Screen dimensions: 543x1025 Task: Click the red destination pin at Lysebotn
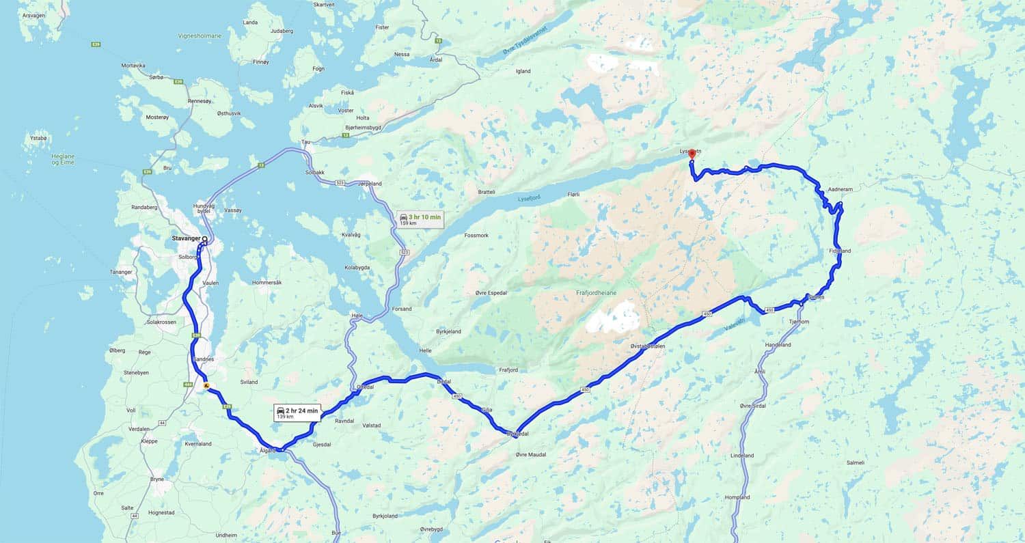pyautogui.click(x=691, y=155)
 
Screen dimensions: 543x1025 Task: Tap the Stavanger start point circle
pyautogui.click(x=204, y=239)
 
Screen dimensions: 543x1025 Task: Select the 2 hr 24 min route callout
pyautogui.click(x=297, y=412)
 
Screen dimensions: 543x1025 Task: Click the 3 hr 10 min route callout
pyautogui.click(x=420, y=219)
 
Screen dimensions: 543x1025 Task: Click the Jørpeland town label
pyautogui.click(x=369, y=184)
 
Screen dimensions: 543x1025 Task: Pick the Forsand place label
pyautogui.click(x=402, y=309)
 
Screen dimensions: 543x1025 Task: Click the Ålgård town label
pyautogui.click(x=266, y=450)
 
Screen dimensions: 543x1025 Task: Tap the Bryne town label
pyautogui.click(x=157, y=479)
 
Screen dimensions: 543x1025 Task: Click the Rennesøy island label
pyautogui.click(x=200, y=101)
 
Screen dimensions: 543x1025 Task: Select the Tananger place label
pyautogui.click(x=120, y=272)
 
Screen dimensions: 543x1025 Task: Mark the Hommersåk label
pyautogui.click(x=266, y=282)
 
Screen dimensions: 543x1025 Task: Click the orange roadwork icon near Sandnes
pyautogui.click(x=206, y=386)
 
